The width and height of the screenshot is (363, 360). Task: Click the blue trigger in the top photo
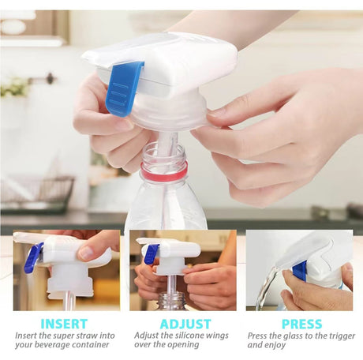[x=125, y=87]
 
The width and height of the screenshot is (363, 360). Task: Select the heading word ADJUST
[x=185, y=324]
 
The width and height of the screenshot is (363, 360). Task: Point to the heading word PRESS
[x=301, y=324]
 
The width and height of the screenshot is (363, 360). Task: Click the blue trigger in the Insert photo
[x=32, y=258]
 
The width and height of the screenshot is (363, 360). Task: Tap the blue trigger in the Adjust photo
[x=151, y=253]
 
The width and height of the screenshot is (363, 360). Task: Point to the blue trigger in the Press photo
[x=300, y=270]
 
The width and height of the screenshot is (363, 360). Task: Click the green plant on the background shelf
[x=13, y=87]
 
